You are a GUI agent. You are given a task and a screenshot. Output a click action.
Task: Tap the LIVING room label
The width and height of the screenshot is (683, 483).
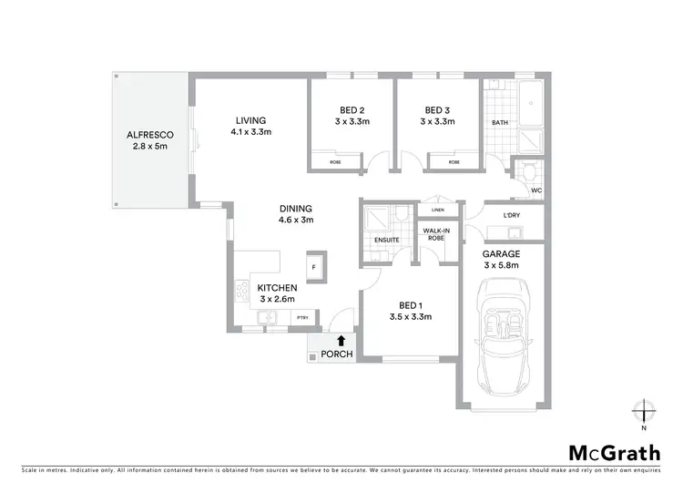click(250, 120)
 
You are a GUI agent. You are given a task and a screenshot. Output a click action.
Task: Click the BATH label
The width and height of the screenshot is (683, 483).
click(500, 122)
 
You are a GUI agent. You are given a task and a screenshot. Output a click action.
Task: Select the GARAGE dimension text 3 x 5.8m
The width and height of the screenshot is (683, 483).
click(502, 265)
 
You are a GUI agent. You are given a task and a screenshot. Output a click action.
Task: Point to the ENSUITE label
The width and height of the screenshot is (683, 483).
click(386, 241)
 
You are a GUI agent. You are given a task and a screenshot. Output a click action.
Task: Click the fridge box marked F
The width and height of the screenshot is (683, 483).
click(314, 267)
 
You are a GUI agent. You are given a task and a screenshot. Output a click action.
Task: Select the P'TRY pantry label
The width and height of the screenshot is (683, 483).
click(301, 317)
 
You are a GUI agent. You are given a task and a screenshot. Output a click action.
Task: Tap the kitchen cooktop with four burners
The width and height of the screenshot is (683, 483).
click(243, 292)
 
